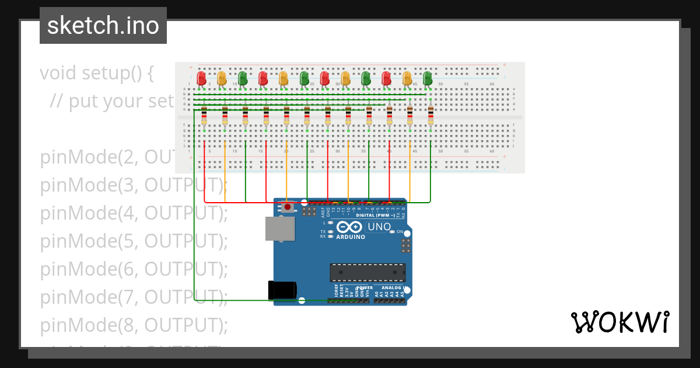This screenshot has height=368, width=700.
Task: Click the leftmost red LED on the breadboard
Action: (x=202, y=78)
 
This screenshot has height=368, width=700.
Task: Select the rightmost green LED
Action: (x=428, y=78)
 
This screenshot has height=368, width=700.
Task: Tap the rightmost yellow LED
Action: (x=407, y=78)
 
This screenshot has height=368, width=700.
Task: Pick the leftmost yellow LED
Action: (x=222, y=78)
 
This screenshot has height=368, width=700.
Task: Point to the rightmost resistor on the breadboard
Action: (x=430, y=116)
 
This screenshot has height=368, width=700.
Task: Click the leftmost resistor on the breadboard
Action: (x=204, y=116)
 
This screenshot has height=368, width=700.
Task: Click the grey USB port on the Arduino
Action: (x=279, y=229)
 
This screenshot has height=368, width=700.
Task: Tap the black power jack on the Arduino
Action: (x=282, y=290)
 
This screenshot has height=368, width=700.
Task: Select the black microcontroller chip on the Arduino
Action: (x=367, y=273)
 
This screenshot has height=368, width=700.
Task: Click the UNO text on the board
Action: (x=379, y=227)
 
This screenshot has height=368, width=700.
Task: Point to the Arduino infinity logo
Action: (x=349, y=227)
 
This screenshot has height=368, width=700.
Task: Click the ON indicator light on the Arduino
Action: (x=392, y=232)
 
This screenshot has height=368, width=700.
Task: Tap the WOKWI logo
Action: (x=619, y=322)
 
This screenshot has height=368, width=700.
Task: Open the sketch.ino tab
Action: (x=103, y=26)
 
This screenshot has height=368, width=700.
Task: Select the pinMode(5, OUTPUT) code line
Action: (x=134, y=241)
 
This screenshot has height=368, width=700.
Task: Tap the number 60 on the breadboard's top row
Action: (x=492, y=85)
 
